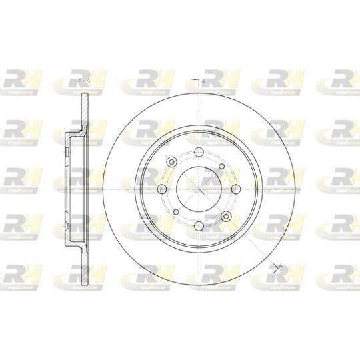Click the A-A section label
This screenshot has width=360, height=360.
(x=84, y=81)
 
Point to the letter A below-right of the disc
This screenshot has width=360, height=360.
(x=280, y=267)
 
